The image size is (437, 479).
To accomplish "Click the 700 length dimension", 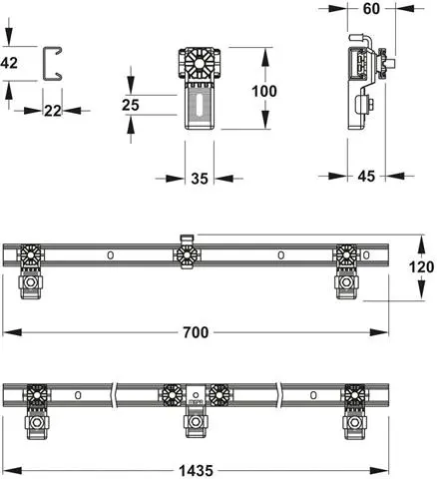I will click(197, 332).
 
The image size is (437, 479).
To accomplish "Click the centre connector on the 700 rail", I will click(185, 254).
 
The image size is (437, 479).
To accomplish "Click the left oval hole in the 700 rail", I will click(111, 255).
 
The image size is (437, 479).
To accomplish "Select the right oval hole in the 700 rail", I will click(281, 255).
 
